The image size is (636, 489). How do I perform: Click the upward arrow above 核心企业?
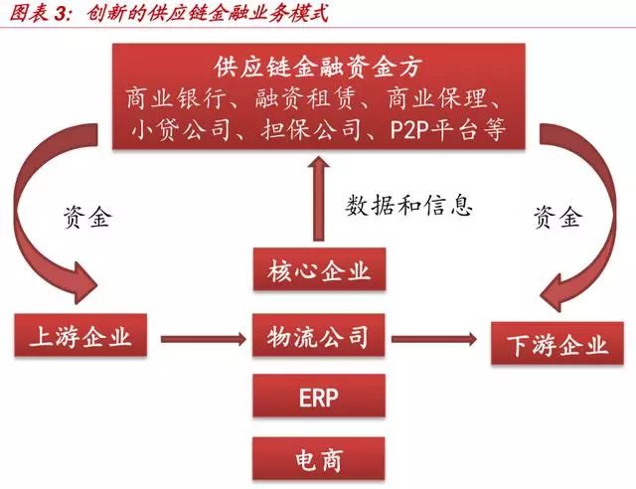[317, 195]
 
